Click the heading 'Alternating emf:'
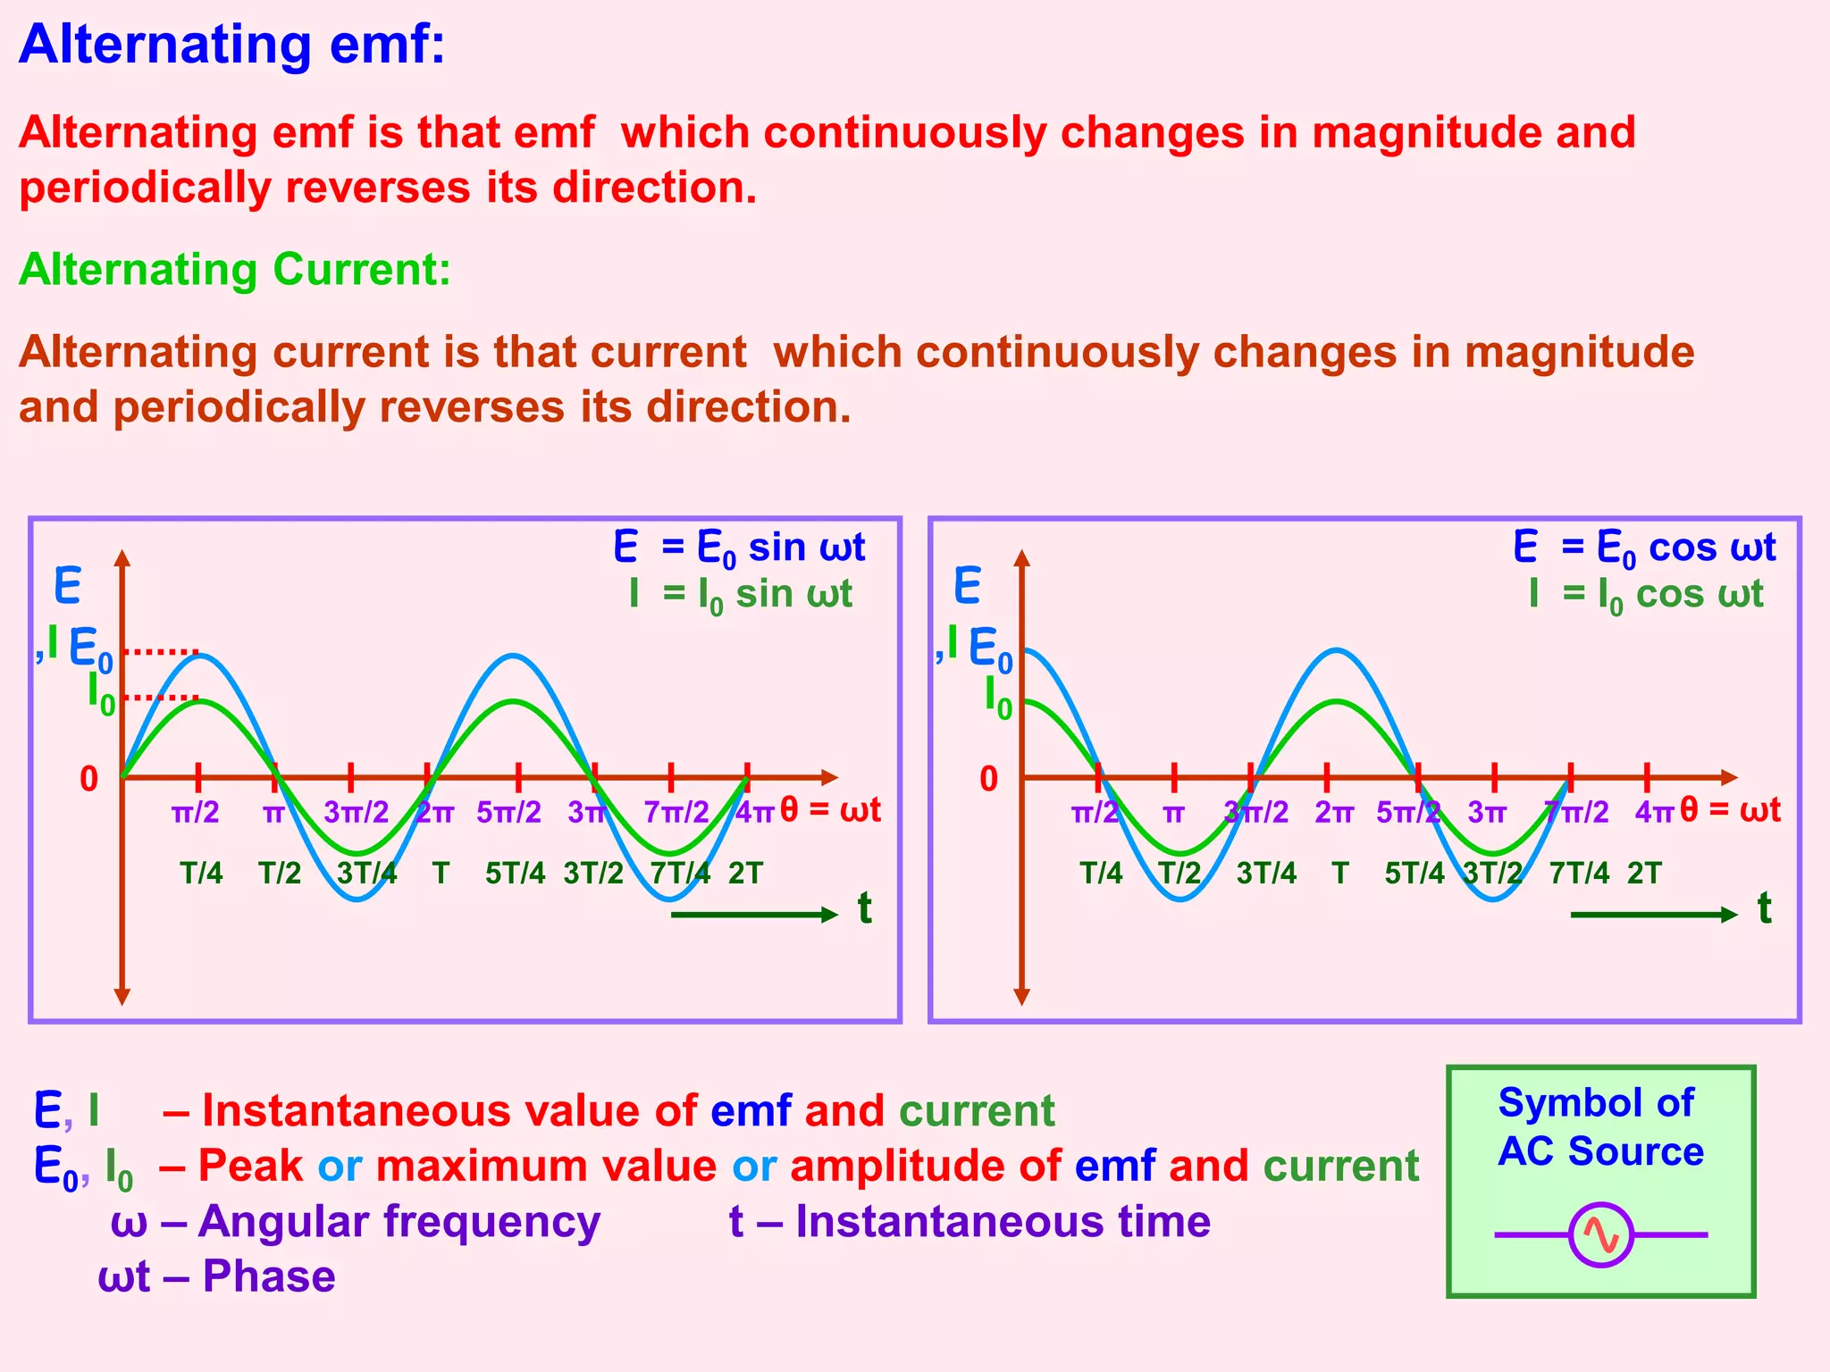click(x=231, y=44)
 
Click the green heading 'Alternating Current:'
click(x=235, y=269)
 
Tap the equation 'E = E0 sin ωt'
click(x=739, y=547)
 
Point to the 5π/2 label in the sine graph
click(x=508, y=812)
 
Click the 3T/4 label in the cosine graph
click(x=1266, y=873)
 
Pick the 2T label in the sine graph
click(x=745, y=873)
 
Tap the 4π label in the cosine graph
click(x=1653, y=812)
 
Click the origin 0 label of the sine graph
click(x=88, y=779)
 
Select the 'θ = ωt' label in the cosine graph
click(x=1730, y=809)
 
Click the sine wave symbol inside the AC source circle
click(x=1601, y=1235)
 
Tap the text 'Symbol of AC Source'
click(x=1599, y=1127)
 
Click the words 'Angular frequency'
click(x=399, y=1221)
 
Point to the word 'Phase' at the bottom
click(x=269, y=1276)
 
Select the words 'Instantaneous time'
click(x=1003, y=1221)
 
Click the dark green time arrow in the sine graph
click(x=753, y=914)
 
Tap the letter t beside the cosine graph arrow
click(x=1764, y=908)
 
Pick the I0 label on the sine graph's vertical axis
click(x=101, y=693)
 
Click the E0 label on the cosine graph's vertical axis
click(x=990, y=649)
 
